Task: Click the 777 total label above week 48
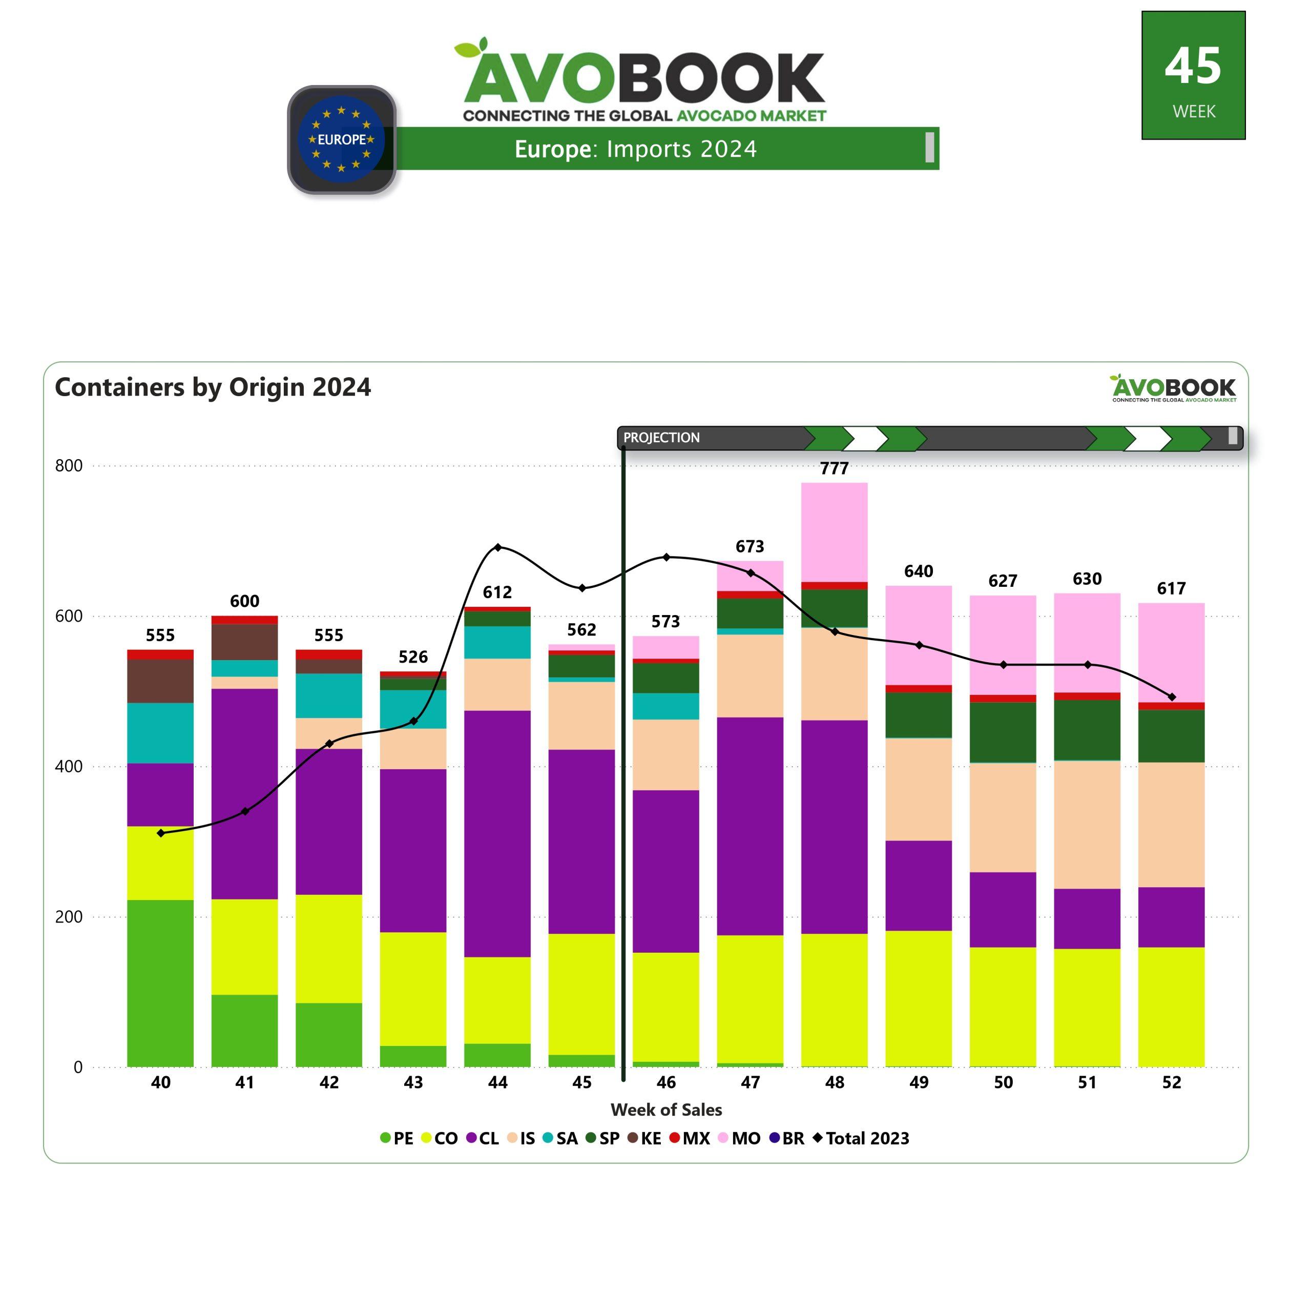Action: [x=834, y=468]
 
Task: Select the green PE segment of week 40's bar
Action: [x=160, y=982]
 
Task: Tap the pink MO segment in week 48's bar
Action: [x=834, y=532]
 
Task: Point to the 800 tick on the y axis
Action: [x=69, y=465]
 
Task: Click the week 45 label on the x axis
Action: [x=581, y=1082]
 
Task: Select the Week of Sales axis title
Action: [x=666, y=1110]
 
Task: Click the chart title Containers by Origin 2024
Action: [x=213, y=387]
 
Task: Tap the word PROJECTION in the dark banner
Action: [x=661, y=438]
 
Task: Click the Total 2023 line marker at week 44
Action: [x=498, y=547]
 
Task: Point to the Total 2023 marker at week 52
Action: [x=1172, y=696]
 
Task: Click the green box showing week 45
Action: [x=1193, y=75]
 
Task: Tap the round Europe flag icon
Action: [x=342, y=139]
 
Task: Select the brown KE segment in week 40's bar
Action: [x=160, y=681]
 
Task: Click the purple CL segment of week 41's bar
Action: [x=244, y=793]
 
